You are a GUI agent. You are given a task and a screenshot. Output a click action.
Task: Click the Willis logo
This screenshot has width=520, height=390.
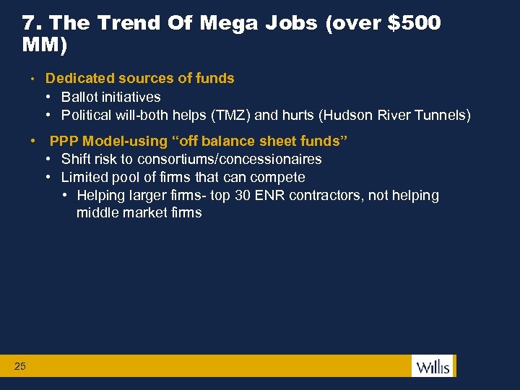pyautogui.click(x=432, y=366)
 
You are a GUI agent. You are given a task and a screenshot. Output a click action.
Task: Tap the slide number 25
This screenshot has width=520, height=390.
pyautogui.click(x=20, y=367)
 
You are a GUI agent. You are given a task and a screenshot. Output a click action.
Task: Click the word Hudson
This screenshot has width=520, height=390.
pyautogui.click(x=348, y=115)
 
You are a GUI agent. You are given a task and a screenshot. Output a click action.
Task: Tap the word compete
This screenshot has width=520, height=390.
pyautogui.click(x=277, y=177)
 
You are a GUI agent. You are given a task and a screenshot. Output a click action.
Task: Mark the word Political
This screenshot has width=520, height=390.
pyautogui.click(x=89, y=115)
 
